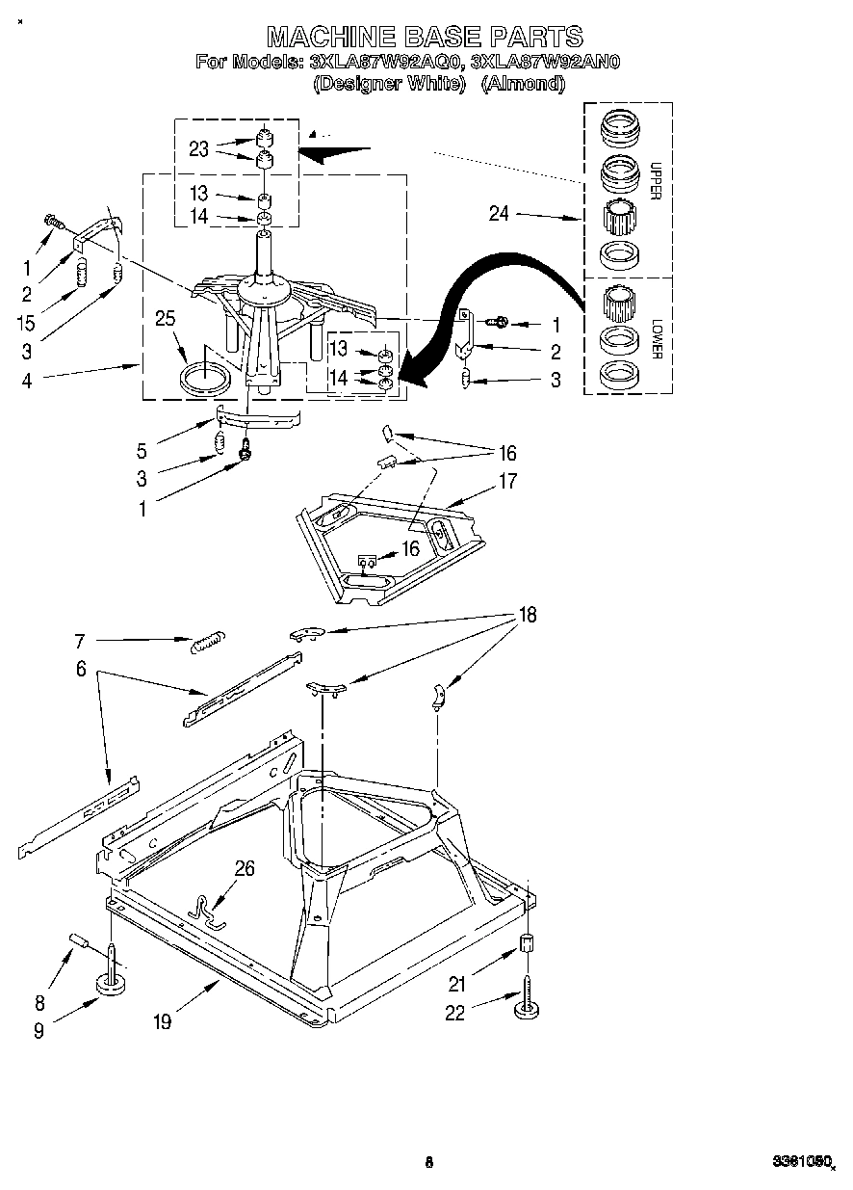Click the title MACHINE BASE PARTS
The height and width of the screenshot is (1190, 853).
click(x=425, y=37)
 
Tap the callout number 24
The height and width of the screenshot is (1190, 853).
click(x=498, y=215)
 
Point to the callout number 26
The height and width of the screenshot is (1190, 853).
click(x=245, y=870)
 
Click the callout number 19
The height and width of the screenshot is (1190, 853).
click(x=162, y=1021)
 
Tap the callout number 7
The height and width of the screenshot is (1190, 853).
click(x=80, y=640)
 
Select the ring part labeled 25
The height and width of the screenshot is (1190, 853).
click(x=207, y=375)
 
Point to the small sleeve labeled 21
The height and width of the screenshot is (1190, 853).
click(x=527, y=943)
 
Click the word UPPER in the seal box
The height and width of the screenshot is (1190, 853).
click(x=655, y=179)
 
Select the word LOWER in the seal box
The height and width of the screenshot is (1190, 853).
click(x=655, y=338)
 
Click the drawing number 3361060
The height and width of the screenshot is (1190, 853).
click(x=800, y=1163)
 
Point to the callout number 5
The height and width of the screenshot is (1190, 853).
click(x=143, y=449)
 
